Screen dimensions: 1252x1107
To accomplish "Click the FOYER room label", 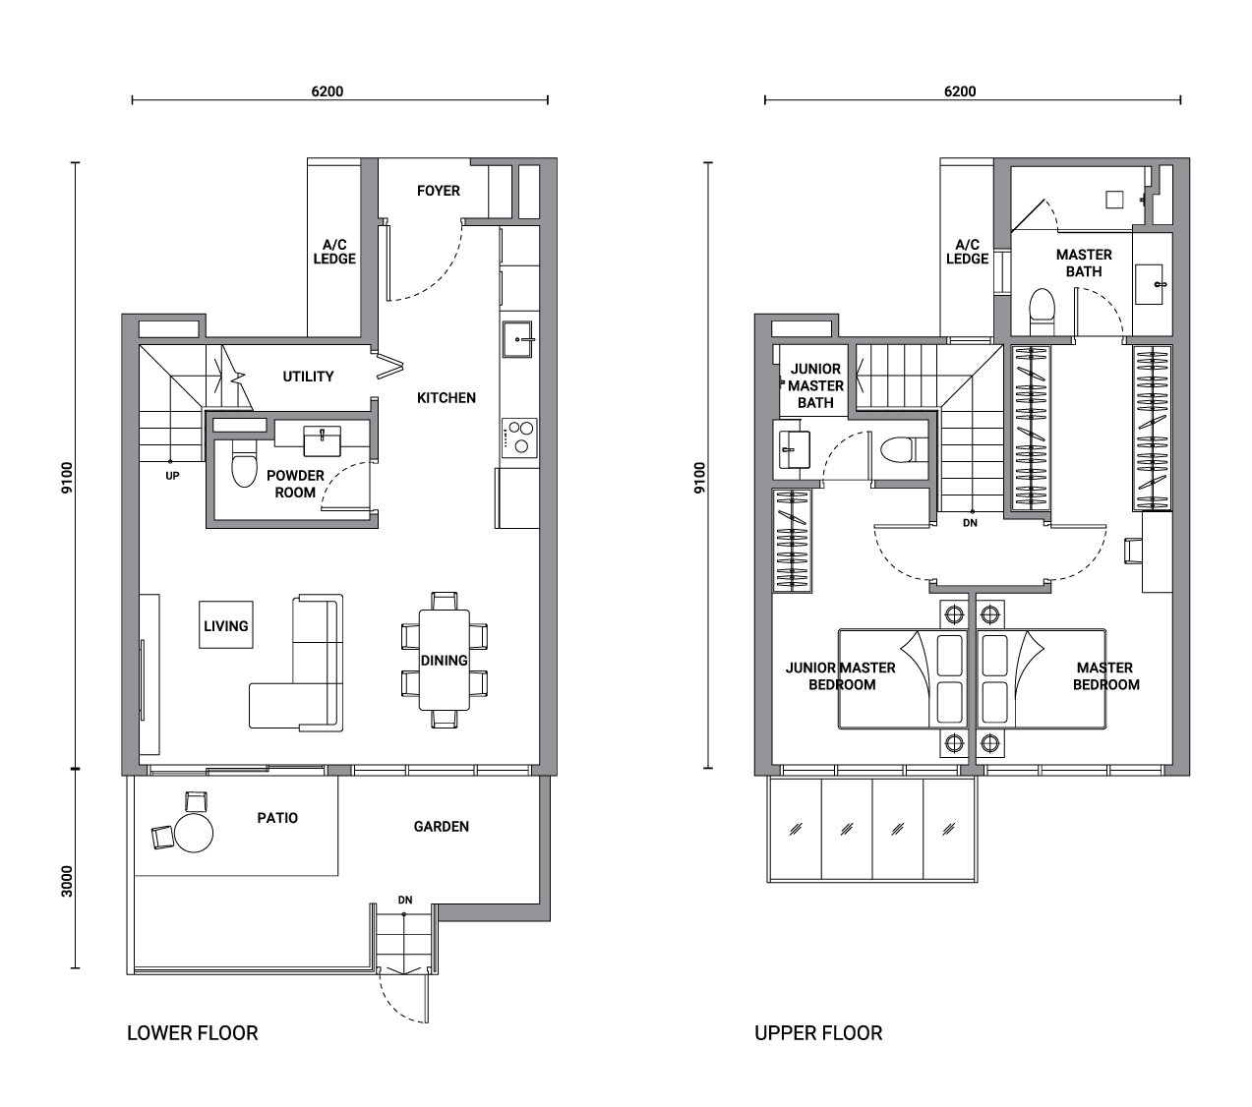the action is click(438, 191).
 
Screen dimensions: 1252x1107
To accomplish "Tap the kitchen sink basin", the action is click(516, 338).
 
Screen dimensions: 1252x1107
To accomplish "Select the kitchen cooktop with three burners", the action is click(519, 437).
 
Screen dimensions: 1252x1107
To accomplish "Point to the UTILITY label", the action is click(308, 377).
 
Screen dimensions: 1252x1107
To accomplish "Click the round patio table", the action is click(194, 833).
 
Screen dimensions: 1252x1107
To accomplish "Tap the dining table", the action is click(444, 661).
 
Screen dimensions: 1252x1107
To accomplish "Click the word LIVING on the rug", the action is click(225, 626).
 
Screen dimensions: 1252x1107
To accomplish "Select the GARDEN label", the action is click(442, 827).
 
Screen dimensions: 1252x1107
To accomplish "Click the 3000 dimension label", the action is click(67, 882).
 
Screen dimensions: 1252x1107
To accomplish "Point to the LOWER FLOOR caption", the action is click(192, 1033).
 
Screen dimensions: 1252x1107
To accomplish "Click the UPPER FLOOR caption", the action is click(818, 1033).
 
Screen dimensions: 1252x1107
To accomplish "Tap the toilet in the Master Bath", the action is click(1042, 313).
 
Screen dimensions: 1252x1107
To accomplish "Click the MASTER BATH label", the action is click(1084, 263).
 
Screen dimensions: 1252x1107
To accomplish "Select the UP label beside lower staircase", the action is click(172, 476).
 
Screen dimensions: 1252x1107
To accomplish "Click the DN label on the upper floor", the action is click(970, 523).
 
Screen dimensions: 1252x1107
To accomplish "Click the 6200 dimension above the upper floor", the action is click(960, 91).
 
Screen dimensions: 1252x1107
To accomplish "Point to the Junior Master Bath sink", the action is click(794, 449).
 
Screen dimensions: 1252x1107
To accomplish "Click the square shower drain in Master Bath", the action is click(1114, 200).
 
